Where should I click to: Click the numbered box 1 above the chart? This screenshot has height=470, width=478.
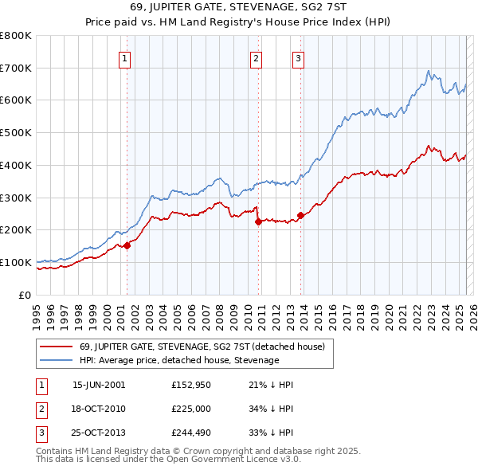[126, 57]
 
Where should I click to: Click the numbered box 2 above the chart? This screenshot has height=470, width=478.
[256, 57]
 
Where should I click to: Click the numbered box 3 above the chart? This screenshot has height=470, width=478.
[297, 57]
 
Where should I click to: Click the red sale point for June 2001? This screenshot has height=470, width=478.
[127, 245]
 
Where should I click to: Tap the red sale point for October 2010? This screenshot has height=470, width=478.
[258, 222]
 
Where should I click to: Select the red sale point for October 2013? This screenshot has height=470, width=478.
[300, 215]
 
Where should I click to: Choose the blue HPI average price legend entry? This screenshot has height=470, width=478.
[178, 360]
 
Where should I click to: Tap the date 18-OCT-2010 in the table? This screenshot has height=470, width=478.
[99, 409]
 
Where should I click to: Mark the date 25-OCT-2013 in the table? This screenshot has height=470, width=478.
[99, 434]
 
